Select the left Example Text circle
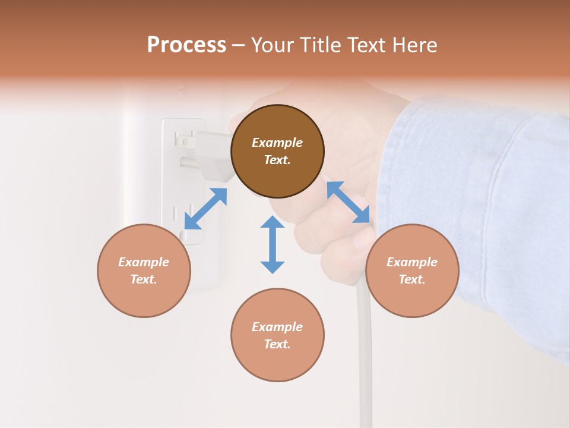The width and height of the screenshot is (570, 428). pyautogui.click(x=144, y=270)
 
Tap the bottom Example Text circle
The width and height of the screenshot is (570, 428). pyautogui.click(x=277, y=335)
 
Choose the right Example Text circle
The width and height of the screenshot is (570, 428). pyautogui.click(x=412, y=270)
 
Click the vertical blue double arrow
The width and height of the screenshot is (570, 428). pyautogui.click(x=273, y=244)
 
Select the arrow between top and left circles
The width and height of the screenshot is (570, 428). pyautogui.click(x=205, y=209)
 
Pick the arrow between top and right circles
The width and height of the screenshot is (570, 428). pyautogui.click(x=349, y=202)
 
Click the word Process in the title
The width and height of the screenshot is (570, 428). pyautogui.click(x=186, y=45)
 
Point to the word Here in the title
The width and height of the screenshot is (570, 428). pyautogui.click(x=415, y=45)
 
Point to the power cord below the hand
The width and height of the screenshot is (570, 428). pyautogui.click(x=363, y=357)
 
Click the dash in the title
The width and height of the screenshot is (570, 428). pyautogui.click(x=239, y=45)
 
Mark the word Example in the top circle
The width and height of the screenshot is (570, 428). pyautogui.click(x=277, y=143)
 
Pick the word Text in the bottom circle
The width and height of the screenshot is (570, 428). pyautogui.click(x=277, y=344)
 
